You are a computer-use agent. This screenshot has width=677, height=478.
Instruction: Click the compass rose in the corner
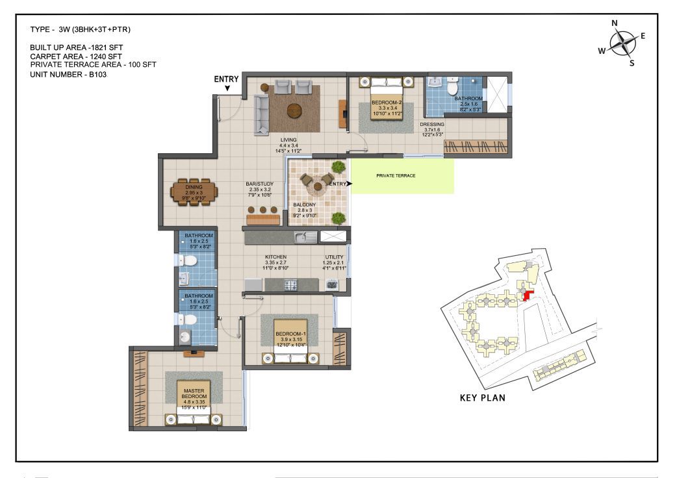point(623,43)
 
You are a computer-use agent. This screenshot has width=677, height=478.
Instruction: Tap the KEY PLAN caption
point(482,397)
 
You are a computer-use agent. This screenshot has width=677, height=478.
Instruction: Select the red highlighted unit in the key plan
point(528,296)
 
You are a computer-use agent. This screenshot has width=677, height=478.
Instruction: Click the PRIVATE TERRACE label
point(396,175)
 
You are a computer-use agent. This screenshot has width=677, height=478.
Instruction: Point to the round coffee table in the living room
point(295,111)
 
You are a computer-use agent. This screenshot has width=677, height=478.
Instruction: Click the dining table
point(194,192)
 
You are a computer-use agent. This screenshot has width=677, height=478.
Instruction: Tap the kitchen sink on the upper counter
point(305,237)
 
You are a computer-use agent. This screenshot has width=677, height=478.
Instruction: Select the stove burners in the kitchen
point(290,285)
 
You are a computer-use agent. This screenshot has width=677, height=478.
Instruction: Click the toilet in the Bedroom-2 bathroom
point(452,86)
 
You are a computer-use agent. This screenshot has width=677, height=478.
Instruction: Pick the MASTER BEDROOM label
point(194,394)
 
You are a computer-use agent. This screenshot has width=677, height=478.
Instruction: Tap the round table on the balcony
point(318,187)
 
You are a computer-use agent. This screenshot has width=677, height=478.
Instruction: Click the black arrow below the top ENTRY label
point(227,88)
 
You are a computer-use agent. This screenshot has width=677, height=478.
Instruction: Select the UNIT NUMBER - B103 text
point(68,75)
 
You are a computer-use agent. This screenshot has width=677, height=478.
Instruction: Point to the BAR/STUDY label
point(259,184)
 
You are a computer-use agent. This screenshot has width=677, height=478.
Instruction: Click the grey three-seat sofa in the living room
point(261,115)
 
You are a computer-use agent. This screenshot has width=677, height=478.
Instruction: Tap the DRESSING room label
point(432,124)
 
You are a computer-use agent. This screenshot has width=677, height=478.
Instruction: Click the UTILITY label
point(334,257)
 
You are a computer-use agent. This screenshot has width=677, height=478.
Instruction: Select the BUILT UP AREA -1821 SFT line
point(77,47)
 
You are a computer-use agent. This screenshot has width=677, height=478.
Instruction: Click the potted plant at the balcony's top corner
point(339,166)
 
